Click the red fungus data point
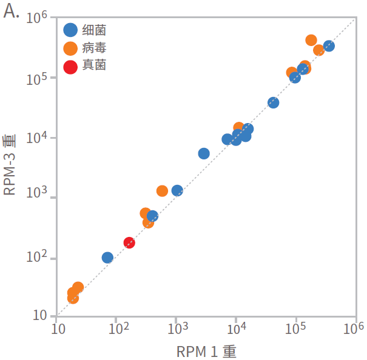tap(129, 242)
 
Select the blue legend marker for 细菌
tap(71, 30)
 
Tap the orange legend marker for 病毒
tap(71, 48)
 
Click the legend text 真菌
tap(94, 65)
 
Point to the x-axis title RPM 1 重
tap(206, 351)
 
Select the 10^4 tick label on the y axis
tap(37, 139)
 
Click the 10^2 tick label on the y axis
tap(37, 259)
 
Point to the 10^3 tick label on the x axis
tap(176, 328)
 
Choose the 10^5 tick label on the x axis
tap(295, 328)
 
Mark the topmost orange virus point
tap(311, 40)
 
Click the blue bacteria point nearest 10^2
tap(107, 258)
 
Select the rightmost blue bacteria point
tap(329, 46)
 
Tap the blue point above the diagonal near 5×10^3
tap(204, 153)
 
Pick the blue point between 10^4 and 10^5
tap(274, 102)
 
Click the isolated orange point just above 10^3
tap(162, 191)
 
